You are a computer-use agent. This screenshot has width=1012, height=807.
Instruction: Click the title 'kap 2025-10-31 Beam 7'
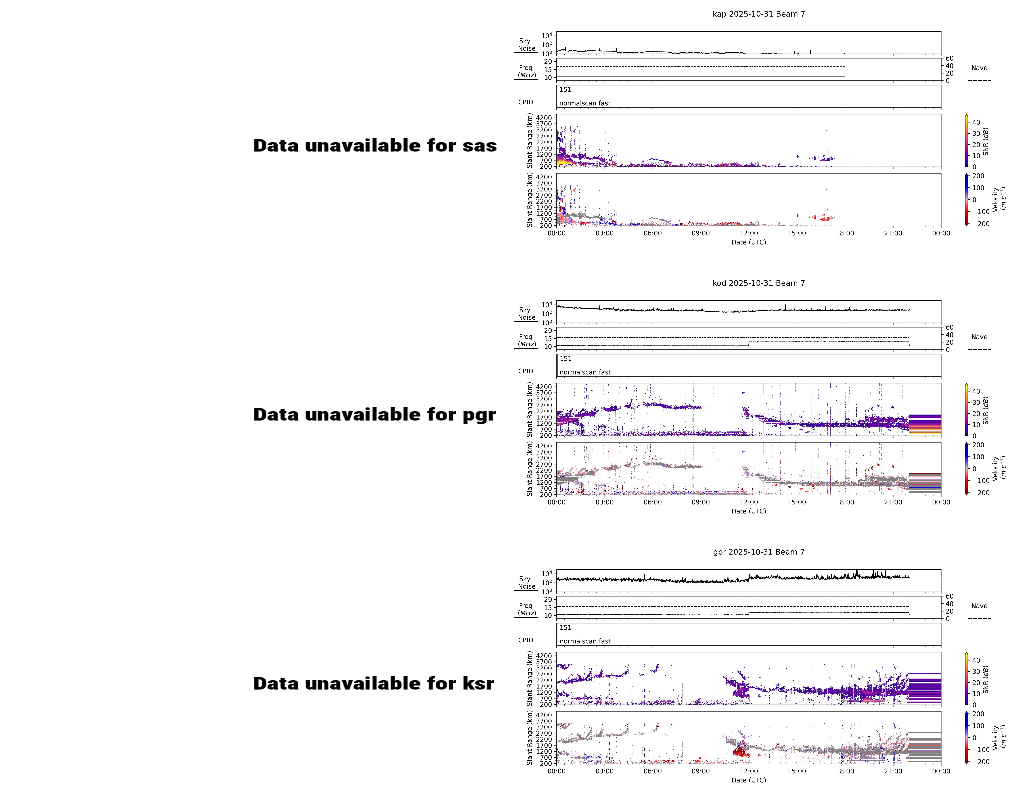pos(759,14)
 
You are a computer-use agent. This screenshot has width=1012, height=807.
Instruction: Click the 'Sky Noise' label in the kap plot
pos(526,45)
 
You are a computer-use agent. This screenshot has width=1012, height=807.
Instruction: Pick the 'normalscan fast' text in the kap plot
pos(585,103)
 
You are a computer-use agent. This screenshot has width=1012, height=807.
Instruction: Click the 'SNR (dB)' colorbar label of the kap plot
pos(986,141)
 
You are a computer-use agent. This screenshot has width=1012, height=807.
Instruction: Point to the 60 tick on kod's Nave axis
pos(950,328)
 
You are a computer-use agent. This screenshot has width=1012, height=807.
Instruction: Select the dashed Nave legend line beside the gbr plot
pos(979,618)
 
